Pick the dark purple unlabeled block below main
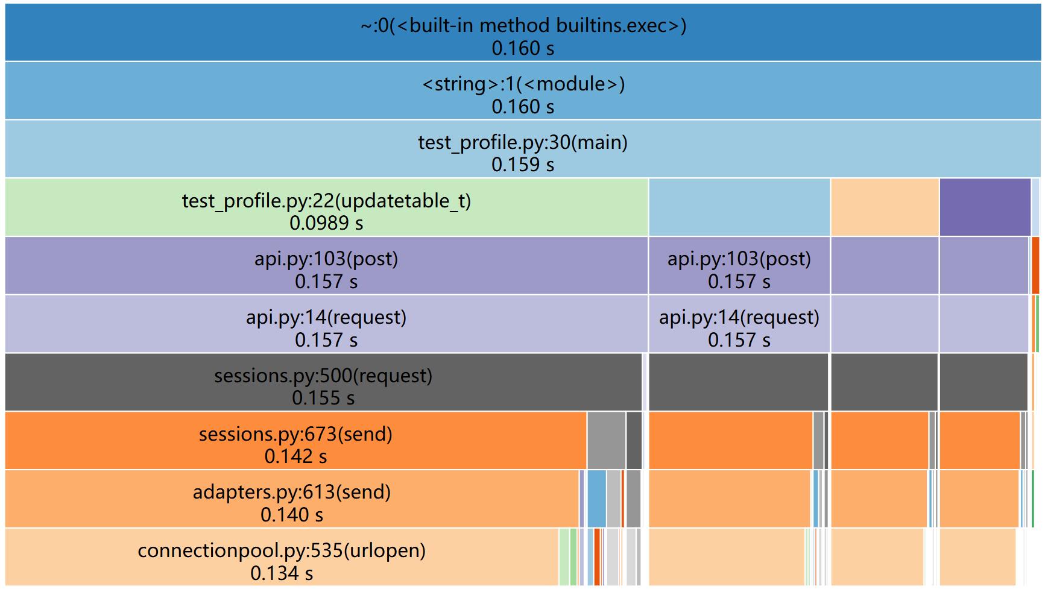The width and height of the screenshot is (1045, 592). [x=984, y=207]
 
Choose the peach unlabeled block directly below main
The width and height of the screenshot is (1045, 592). [x=884, y=207]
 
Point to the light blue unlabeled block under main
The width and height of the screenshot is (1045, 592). [x=739, y=207]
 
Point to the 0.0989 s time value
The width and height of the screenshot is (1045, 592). [x=326, y=223]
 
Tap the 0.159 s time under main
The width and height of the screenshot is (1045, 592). [x=523, y=165]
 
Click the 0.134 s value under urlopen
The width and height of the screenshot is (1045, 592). [x=282, y=573]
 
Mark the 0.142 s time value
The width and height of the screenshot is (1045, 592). [x=295, y=456]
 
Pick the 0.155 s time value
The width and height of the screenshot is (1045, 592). [x=323, y=398]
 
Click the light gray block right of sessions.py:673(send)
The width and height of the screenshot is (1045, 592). [x=606, y=440]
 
